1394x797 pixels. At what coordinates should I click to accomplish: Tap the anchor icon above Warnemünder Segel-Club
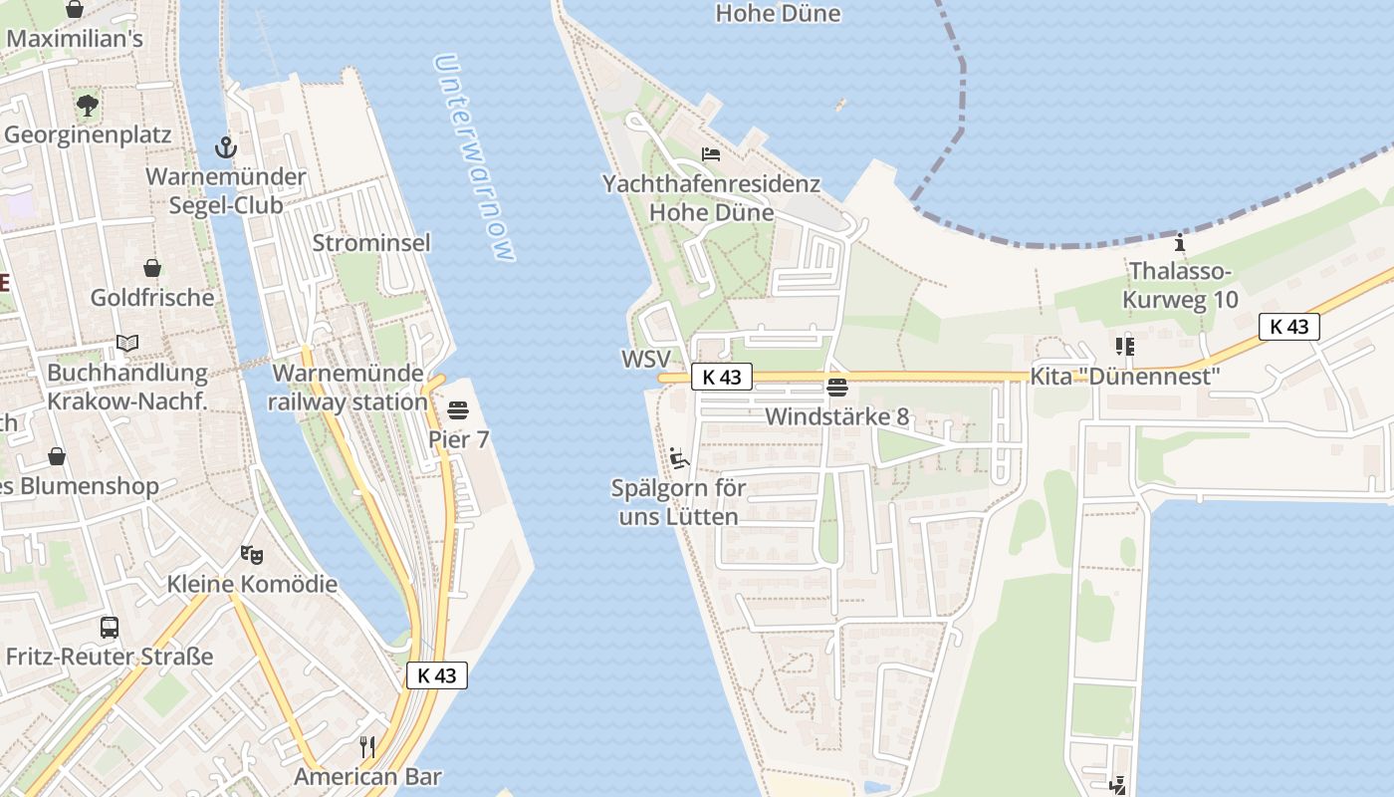point(226,148)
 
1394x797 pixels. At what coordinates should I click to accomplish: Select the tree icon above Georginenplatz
point(88,105)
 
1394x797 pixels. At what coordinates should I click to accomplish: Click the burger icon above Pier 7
point(458,409)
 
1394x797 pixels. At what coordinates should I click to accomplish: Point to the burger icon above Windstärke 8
point(837,388)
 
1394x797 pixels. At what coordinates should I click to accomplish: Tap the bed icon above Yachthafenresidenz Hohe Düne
point(711,154)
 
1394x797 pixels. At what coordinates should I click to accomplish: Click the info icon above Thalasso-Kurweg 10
point(1180,242)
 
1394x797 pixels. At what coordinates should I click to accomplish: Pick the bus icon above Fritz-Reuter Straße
point(110,628)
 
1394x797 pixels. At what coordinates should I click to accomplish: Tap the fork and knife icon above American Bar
point(367,746)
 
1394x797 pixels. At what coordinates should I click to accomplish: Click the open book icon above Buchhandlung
point(127,344)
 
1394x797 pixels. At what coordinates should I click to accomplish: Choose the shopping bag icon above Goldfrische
point(152,268)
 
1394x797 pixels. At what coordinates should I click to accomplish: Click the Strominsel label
point(371,243)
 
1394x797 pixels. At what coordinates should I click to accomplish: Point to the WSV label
point(646,359)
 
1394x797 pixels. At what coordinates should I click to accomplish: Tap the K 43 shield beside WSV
point(722,377)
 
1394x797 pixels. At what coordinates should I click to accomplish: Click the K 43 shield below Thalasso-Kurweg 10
point(1289,326)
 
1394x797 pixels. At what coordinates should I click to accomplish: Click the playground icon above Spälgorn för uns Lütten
point(679,458)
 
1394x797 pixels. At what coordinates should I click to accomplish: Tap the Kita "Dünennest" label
point(1125,377)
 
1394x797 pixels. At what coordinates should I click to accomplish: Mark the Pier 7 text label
point(459,439)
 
